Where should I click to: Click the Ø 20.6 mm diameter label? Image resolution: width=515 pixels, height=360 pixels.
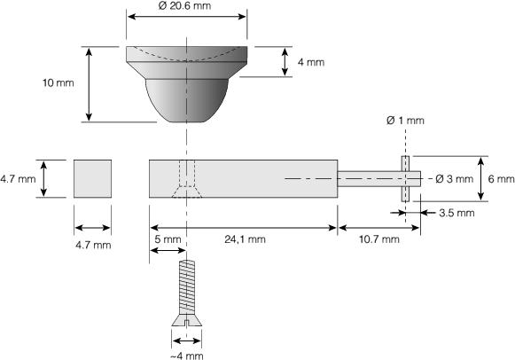pos(184,5)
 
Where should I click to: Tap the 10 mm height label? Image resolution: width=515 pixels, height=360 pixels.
pos(59,82)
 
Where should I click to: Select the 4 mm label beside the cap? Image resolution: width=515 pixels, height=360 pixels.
pos(311,62)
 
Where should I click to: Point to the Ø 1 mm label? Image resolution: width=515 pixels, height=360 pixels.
pos(405,121)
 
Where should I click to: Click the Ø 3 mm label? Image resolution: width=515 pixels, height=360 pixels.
pos(454,179)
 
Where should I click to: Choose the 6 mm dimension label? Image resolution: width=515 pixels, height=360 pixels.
pos(501,179)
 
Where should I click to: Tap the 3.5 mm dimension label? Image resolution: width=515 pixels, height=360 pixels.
pos(456,213)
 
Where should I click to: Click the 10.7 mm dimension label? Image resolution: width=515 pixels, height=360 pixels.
pos(379,239)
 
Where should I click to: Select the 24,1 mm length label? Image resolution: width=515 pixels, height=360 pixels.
pos(245,239)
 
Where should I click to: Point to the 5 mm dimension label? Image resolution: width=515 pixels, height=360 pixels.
pos(168,239)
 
